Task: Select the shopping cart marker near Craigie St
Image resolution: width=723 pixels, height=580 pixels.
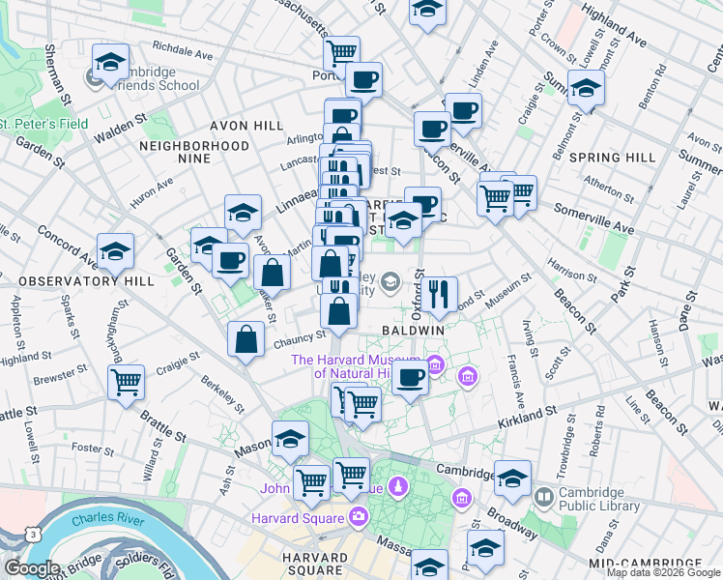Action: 127,384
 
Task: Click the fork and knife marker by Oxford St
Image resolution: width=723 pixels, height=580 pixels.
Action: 439,294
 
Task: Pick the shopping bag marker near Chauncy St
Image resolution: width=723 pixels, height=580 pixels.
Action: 246,340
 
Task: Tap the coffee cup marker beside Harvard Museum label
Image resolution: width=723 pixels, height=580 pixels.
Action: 411,377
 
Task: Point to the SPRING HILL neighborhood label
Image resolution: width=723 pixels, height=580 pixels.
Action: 627,157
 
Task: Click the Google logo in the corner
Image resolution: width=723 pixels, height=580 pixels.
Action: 32,568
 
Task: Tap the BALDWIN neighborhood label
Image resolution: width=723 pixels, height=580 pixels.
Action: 413,330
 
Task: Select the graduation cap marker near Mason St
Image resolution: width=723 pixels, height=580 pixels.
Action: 290,439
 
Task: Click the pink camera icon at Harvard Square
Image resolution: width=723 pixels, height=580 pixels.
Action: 359,515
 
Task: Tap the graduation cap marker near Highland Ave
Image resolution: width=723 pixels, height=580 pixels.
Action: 586,89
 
